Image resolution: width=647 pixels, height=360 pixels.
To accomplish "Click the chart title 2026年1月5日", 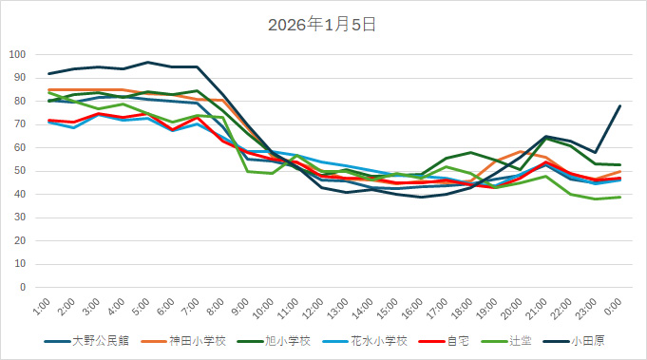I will point(323,25).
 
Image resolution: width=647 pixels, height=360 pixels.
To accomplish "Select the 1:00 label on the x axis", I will point(42,307).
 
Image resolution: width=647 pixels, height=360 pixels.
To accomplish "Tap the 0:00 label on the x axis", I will point(613,307).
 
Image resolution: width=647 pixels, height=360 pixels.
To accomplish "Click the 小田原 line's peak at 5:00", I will point(148,62).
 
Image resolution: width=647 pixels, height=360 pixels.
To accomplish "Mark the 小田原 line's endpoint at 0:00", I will point(620,105).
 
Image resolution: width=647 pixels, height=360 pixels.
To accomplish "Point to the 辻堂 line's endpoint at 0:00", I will point(620,197).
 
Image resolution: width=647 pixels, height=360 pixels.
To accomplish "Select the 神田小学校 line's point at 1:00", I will point(49,89).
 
